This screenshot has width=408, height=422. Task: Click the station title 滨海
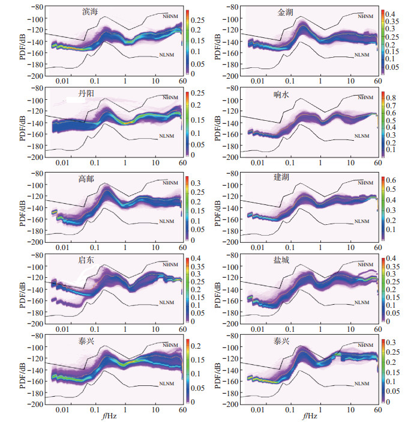click(x=91, y=11)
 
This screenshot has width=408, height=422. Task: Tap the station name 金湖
click(x=286, y=11)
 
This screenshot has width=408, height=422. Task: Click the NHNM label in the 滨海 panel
click(x=170, y=16)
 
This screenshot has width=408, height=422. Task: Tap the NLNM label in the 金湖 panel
click(x=361, y=55)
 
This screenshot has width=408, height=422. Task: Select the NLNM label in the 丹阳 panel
click(x=166, y=137)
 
